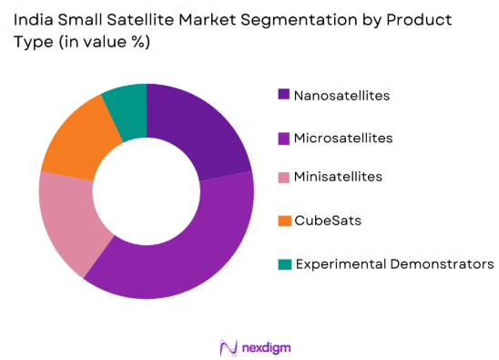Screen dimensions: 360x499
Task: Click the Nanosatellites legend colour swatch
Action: pos(285,95)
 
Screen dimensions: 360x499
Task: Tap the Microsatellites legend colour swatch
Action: pos(285,138)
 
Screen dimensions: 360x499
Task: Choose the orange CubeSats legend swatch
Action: pos(285,221)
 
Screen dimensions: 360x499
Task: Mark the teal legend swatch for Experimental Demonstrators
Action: pos(285,264)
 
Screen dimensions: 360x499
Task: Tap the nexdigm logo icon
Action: pos(228,347)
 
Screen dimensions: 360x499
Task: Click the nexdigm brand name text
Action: pos(266,348)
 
